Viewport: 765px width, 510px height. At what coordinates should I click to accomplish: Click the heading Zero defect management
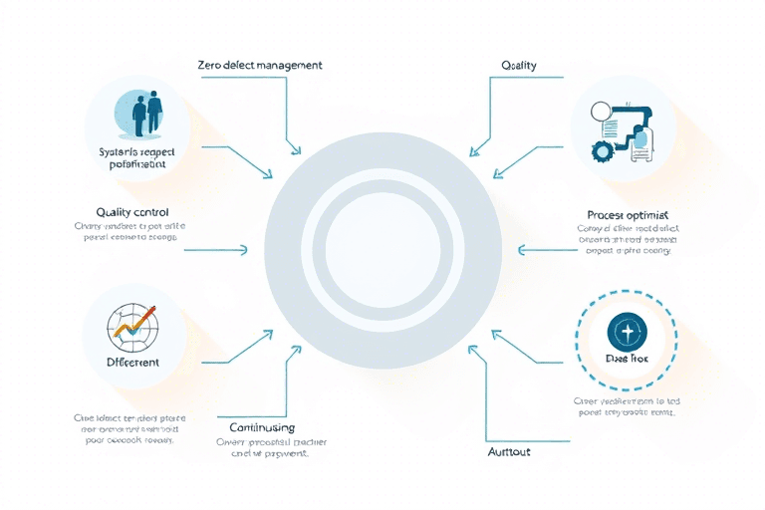(x=260, y=65)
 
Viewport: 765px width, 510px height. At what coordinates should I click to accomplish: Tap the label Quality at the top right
(x=518, y=65)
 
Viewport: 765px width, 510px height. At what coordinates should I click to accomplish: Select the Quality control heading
(x=132, y=212)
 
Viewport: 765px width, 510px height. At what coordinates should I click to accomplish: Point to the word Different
(x=132, y=363)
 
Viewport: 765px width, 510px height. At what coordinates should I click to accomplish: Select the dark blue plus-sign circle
(x=627, y=332)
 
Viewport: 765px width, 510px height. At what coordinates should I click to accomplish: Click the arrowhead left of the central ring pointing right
(x=245, y=249)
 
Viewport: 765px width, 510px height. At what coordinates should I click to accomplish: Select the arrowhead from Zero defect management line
(x=295, y=150)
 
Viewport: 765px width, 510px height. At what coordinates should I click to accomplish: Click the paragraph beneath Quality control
(x=130, y=233)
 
